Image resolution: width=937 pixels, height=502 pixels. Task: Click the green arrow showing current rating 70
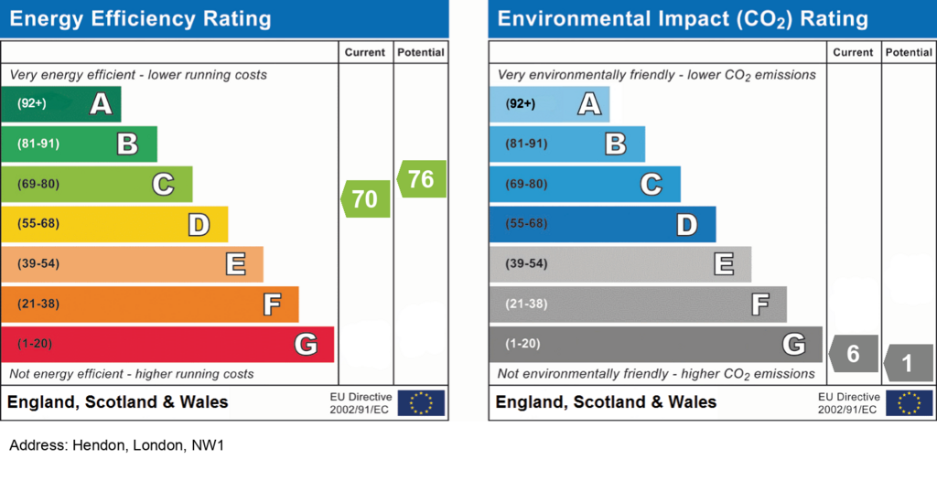click(x=366, y=198)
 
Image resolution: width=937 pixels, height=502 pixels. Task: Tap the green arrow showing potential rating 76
click(x=421, y=178)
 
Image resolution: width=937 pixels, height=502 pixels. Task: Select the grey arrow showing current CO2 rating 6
click(x=854, y=353)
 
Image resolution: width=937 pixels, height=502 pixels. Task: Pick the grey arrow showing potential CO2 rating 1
click(x=909, y=363)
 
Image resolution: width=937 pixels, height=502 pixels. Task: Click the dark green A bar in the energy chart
click(x=61, y=104)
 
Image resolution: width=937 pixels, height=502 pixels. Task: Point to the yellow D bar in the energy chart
click(x=114, y=224)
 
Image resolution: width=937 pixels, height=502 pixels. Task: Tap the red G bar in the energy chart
click(x=167, y=345)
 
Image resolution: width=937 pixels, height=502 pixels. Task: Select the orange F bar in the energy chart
click(x=150, y=304)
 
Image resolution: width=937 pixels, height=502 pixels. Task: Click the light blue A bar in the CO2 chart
click(x=549, y=104)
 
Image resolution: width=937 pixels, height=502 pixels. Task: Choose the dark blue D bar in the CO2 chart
click(x=602, y=224)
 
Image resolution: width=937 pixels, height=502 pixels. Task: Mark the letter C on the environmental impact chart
click(x=652, y=185)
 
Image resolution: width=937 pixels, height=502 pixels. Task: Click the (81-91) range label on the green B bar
click(x=38, y=144)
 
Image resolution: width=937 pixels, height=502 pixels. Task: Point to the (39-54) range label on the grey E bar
click(x=526, y=264)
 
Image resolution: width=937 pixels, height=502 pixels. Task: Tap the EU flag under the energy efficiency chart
click(x=421, y=403)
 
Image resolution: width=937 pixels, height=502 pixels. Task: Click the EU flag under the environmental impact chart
click(x=909, y=403)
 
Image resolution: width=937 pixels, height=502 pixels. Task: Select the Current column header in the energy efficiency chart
click(x=365, y=52)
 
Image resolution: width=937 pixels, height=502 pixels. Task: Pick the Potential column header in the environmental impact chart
click(x=909, y=52)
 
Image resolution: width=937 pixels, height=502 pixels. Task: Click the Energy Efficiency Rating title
click(x=140, y=19)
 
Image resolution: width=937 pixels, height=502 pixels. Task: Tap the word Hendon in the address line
click(x=99, y=445)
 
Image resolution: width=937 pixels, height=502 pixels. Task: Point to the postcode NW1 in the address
click(x=208, y=445)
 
